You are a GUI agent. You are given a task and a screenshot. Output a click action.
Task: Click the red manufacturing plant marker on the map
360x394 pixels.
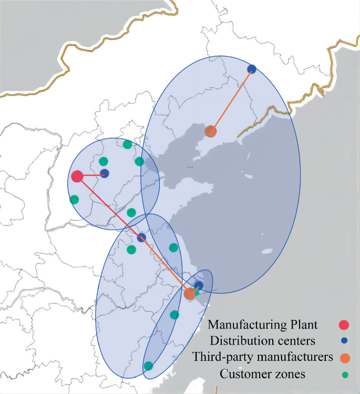point(77,177)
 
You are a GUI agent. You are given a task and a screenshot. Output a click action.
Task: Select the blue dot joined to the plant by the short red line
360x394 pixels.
point(104,173)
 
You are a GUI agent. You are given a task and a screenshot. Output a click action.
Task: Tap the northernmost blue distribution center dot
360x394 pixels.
point(252,69)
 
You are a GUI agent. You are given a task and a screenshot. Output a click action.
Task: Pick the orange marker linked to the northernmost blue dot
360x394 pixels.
point(211,131)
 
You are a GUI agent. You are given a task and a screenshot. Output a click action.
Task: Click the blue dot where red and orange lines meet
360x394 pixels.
point(141,237)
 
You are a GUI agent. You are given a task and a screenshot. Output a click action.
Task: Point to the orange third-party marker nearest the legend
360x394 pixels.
point(190,294)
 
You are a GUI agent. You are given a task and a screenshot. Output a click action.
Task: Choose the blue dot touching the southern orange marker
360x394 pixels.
point(198,286)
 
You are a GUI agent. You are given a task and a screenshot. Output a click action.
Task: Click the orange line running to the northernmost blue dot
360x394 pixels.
point(231,100)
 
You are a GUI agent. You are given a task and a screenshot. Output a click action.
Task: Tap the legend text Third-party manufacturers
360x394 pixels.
point(263,357)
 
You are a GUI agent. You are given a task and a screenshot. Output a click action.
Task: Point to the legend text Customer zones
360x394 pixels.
point(263,374)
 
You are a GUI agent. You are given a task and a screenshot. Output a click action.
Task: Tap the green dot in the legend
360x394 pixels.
point(345,375)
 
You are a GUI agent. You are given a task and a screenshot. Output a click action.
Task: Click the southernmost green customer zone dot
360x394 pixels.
point(149,366)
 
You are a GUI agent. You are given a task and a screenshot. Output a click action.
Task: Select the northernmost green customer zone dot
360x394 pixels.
point(127,144)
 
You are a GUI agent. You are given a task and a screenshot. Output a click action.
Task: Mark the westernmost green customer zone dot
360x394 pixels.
point(74,200)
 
